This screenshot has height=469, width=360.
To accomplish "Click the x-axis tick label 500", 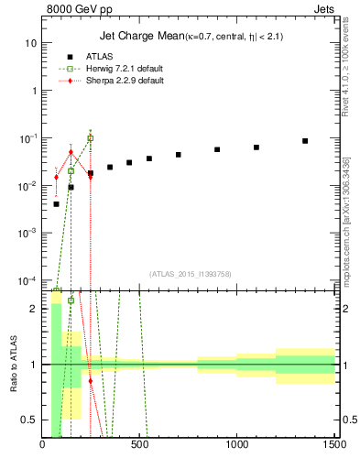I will point(140,446).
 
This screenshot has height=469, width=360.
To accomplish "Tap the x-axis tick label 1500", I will point(334,446).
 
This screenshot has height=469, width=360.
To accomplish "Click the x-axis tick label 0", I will point(43,446).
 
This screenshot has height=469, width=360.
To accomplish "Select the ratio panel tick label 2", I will point(33,309).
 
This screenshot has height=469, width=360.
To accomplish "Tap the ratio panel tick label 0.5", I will point(29,420).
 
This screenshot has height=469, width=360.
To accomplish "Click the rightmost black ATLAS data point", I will point(305,141).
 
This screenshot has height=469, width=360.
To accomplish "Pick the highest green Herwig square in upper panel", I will point(90,138).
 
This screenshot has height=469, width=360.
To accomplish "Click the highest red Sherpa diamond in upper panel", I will point(71,152).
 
